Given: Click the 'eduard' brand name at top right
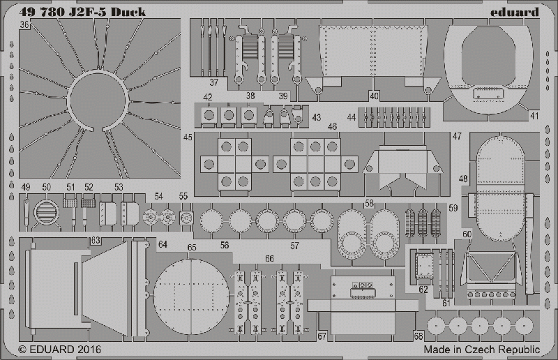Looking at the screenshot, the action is click(515, 13).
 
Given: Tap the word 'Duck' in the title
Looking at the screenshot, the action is click(128, 12).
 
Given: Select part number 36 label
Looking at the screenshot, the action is click(24, 24).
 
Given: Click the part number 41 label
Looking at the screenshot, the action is click(534, 116).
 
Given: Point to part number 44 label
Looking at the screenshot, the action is click(352, 117).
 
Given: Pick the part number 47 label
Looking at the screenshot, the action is click(457, 136).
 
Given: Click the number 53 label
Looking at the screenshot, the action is click(119, 187).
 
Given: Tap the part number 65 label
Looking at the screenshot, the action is click(192, 248).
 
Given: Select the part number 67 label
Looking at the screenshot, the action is click(322, 336).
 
